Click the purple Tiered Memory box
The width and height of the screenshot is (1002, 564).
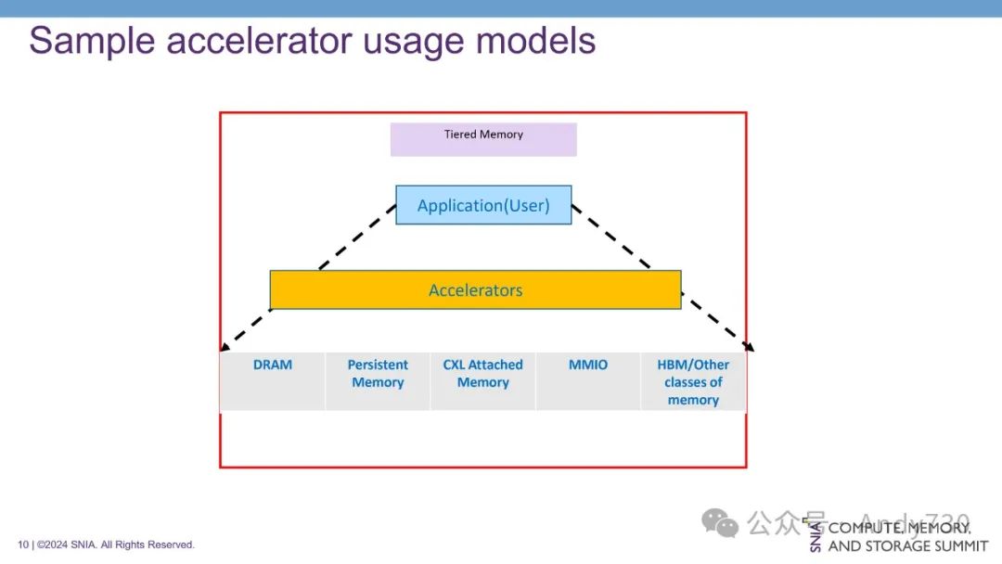pyautogui.click(x=483, y=139)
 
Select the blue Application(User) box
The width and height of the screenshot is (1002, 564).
pyautogui.click(x=483, y=205)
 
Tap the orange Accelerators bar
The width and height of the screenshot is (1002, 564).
pyautogui.click(x=475, y=290)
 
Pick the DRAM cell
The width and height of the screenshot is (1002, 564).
pyautogui.click(x=272, y=380)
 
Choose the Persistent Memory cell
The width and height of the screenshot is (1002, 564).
pyautogui.click(x=378, y=380)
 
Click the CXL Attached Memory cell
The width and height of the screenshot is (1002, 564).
pyautogui.click(x=482, y=380)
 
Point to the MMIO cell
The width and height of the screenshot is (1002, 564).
pyautogui.click(x=588, y=380)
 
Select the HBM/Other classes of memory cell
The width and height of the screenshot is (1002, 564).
pyautogui.click(x=693, y=381)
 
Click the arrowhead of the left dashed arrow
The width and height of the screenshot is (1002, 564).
pyautogui.click(x=225, y=347)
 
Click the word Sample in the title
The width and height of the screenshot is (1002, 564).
pyautogui.click(x=87, y=42)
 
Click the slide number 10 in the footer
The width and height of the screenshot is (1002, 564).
pyautogui.click(x=23, y=545)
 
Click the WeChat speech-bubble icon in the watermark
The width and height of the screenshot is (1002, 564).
pyautogui.click(x=720, y=523)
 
